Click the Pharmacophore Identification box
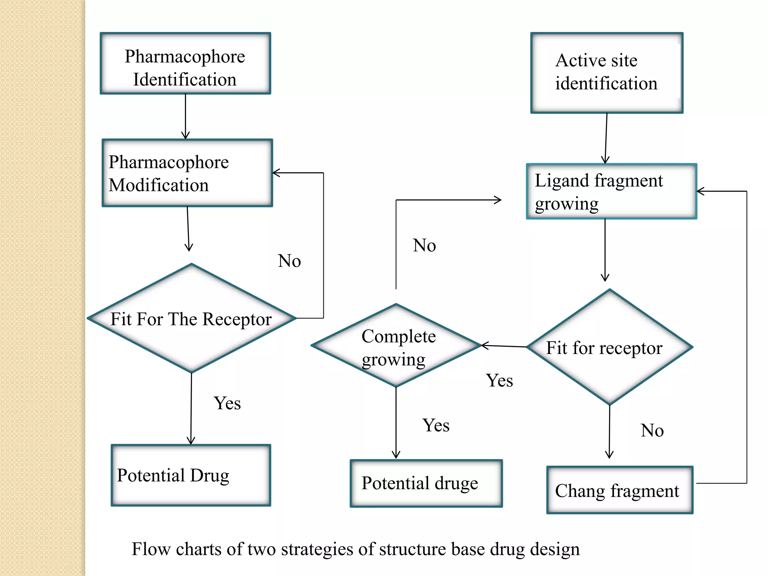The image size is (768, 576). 185,63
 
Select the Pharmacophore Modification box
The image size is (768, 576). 187,173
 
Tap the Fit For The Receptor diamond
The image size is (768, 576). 191,319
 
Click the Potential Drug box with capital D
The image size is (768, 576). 190,475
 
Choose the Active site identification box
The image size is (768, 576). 606,73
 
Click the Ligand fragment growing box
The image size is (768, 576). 611,192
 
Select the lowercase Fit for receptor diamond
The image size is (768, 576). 609,347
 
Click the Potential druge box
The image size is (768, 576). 426,483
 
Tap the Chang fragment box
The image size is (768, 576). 619,490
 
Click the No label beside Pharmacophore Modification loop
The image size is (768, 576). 289,261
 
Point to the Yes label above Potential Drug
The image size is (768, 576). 227,403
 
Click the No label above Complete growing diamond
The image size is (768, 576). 424,245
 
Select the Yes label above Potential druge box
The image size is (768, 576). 436,425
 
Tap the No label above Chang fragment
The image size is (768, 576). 652,430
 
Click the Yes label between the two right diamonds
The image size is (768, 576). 499,381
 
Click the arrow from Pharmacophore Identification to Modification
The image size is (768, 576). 185,116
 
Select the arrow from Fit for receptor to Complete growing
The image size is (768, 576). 504,346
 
